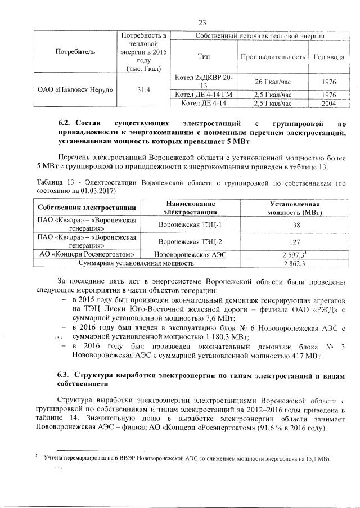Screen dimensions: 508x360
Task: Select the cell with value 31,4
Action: [141, 90]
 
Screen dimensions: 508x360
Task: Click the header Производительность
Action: [273, 57]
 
